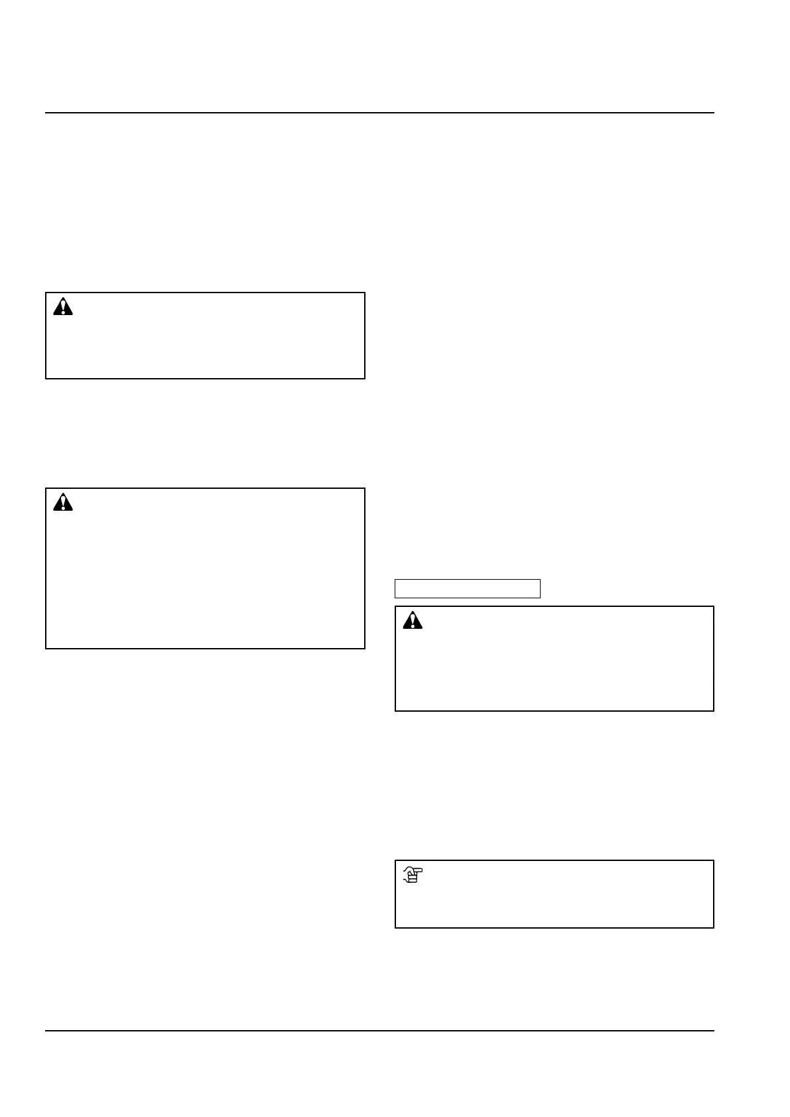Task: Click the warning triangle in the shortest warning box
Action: click(63, 307)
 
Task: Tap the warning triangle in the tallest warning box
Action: click(63, 503)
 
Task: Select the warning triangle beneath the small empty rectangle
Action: click(413, 620)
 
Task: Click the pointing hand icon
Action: click(413, 876)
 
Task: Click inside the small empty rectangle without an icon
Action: click(468, 588)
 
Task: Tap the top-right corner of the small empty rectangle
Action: click(540, 580)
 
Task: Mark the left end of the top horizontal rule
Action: click(46, 113)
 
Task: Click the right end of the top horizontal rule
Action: click(714, 113)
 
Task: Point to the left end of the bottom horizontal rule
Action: click(46, 1031)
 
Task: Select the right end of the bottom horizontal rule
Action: click(714, 1031)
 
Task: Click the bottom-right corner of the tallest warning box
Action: click(365, 648)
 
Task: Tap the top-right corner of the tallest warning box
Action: click(365, 489)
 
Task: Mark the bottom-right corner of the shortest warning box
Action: click(365, 379)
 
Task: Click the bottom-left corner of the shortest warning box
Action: click(46, 379)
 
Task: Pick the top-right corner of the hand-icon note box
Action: click(714, 861)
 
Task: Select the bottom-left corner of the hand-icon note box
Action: click(395, 927)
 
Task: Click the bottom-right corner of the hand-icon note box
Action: click(714, 927)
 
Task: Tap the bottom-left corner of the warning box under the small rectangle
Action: click(395, 711)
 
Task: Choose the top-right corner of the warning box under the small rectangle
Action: click(714, 606)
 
